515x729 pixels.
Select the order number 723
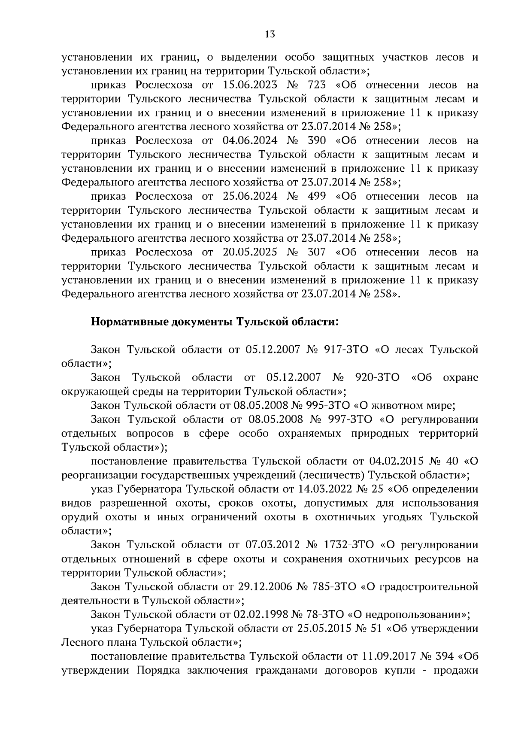click(x=317, y=85)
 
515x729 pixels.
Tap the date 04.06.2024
click(x=250, y=141)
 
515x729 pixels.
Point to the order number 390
click(x=317, y=141)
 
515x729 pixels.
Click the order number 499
click(x=317, y=197)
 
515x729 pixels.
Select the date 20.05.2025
click(x=250, y=252)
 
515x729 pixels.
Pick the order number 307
click(x=317, y=252)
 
